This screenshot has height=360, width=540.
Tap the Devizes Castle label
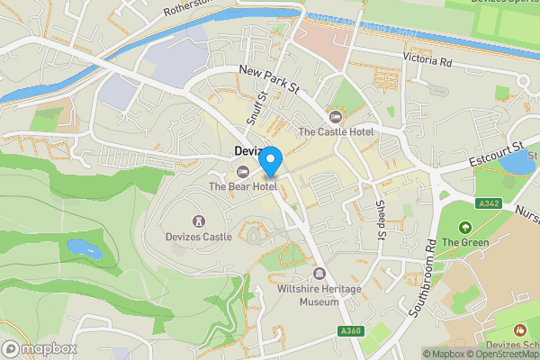pyautogui.click(x=199, y=237)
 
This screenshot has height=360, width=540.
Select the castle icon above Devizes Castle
pyautogui.click(x=199, y=220)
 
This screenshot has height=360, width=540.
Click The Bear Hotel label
pyautogui.click(x=241, y=186)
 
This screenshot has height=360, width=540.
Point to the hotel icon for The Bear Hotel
pyautogui.click(x=241, y=172)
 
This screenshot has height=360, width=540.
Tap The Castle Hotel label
pyautogui.click(x=335, y=131)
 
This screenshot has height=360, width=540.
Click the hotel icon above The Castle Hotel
pyautogui.click(x=336, y=116)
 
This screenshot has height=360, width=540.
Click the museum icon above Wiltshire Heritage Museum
pyautogui.click(x=318, y=274)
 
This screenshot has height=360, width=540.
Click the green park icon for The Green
pyautogui.click(x=465, y=228)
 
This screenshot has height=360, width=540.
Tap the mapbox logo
pyautogui.click(x=40, y=348)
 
